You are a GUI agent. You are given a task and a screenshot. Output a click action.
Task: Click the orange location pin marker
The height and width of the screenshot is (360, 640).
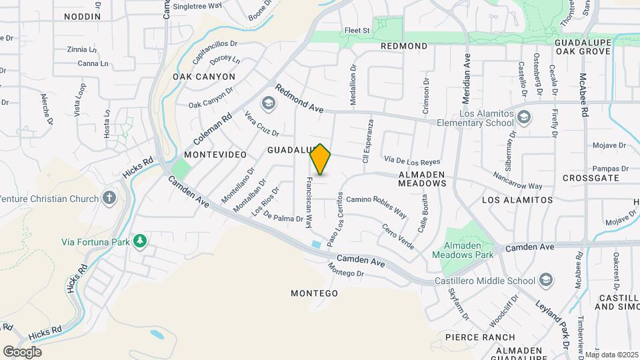click(x=320, y=160)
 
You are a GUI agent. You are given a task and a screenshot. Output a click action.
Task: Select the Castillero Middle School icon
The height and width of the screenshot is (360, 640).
click(x=546, y=279)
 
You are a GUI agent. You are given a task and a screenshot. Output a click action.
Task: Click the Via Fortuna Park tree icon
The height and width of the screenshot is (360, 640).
click(x=139, y=241)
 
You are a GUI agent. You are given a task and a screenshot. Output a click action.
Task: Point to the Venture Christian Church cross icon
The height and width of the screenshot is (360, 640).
click(x=109, y=198)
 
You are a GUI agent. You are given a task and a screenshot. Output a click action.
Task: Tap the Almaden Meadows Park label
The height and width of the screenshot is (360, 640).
click(x=462, y=250)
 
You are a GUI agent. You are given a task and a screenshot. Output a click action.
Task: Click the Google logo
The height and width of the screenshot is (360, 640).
click(x=22, y=352)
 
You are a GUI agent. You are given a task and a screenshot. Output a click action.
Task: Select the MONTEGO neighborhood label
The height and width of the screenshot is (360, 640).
click(x=314, y=293)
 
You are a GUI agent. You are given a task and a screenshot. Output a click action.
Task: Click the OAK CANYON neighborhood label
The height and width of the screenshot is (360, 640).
click(x=204, y=77)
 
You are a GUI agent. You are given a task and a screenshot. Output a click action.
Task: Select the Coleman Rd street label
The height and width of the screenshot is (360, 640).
click(x=213, y=128)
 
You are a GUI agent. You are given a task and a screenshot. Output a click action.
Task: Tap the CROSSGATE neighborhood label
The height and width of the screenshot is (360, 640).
click(x=591, y=178)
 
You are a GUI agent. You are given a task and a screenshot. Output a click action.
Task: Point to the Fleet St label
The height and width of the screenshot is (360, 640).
click(x=357, y=31)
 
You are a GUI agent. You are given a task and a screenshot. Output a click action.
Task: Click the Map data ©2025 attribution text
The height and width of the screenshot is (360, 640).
click(x=611, y=355)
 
